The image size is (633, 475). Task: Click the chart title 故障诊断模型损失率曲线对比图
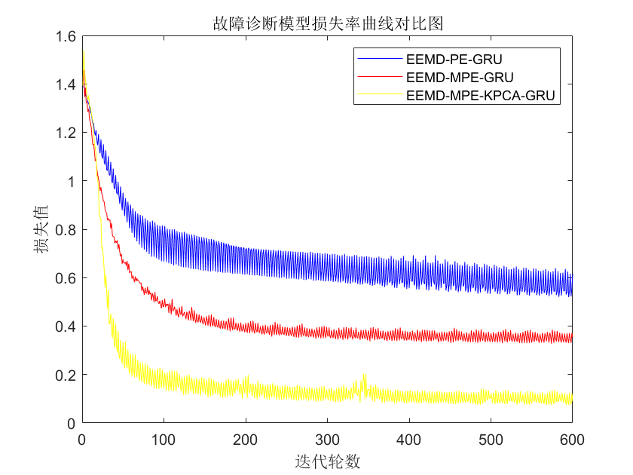click(x=326, y=23)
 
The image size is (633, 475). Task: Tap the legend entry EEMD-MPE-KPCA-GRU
click(x=480, y=96)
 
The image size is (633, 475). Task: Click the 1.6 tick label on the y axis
click(x=66, y=36)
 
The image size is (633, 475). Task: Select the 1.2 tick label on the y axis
click(x=66, y=133)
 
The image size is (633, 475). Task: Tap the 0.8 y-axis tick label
click(x=66, y=230)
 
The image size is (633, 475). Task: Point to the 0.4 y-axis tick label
click(x=66, y=326)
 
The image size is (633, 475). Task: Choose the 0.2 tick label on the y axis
click(x=66, y=375)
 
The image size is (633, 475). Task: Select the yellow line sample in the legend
click(x=379, y=96)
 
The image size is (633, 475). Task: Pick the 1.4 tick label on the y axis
click(x=66, y=84)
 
